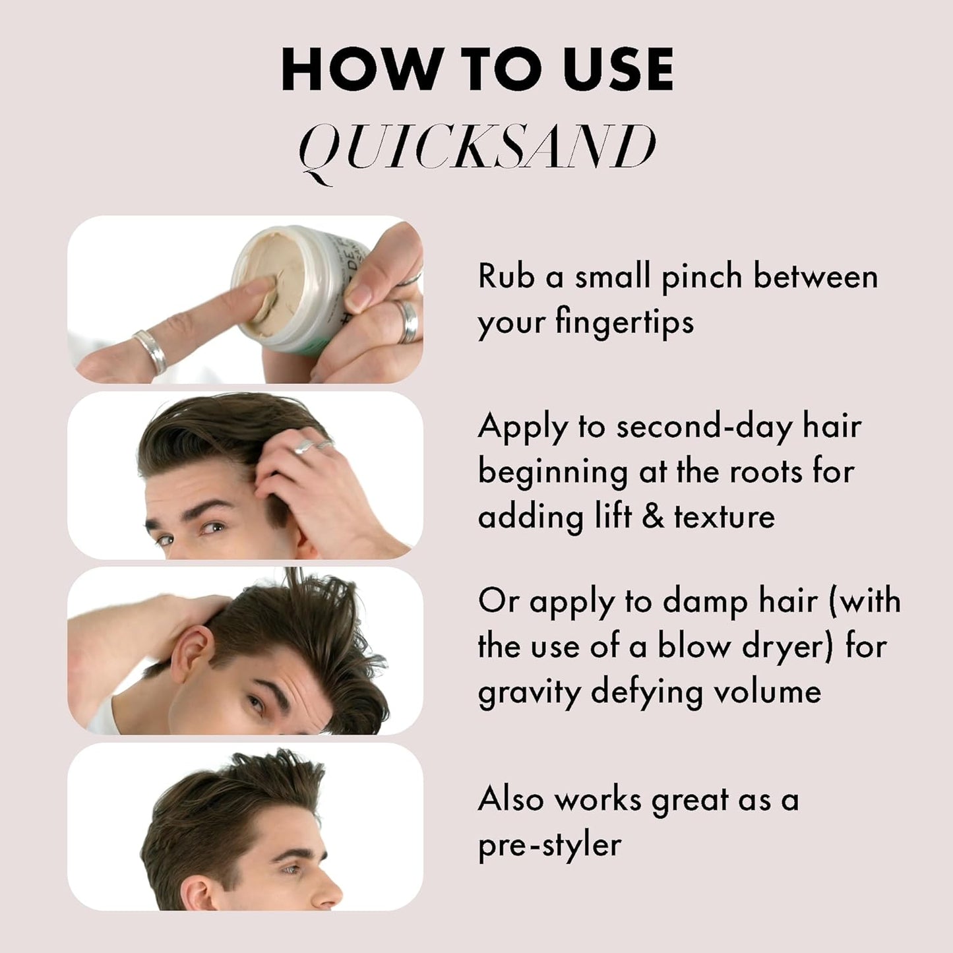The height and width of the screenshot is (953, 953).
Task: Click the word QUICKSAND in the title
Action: click(x=477, y=148)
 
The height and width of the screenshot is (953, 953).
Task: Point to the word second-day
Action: click(x=704, y=427)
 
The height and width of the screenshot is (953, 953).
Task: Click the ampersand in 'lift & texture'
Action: click(x=652, y=516)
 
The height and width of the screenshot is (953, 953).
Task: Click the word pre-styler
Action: click(x=549, y=845)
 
